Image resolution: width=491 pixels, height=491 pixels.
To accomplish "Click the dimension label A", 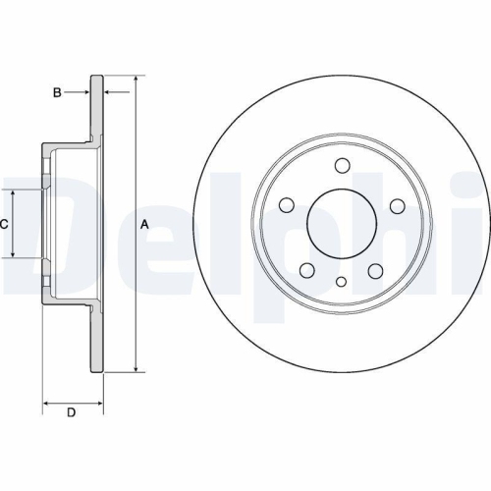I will point(145,225).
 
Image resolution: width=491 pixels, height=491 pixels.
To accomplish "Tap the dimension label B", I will point(58,92).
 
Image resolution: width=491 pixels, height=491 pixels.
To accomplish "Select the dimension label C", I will point(4,224).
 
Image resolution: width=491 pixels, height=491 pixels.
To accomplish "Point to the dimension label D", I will point(70,411).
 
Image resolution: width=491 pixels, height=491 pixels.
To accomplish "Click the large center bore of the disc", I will point(342,224).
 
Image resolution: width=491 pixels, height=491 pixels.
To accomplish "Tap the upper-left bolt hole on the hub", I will point(287,205).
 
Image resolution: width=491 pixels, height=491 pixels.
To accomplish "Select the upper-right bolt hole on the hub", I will point(397,205).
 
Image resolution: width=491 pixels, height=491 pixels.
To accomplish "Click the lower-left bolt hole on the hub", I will point(307,270).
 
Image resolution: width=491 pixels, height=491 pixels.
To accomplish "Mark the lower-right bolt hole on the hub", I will point(376,270).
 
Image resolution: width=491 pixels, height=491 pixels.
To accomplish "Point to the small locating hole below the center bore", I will point(342,282).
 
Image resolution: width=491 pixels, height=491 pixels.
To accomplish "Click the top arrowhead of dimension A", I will point(135,79).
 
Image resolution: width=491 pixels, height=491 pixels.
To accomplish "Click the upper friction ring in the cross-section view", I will point(97,108).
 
